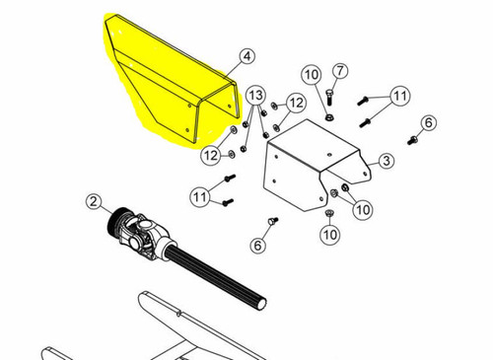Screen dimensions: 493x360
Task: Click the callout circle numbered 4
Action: pos(247,56)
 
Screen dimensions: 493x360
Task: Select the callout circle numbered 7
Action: pos(340,71)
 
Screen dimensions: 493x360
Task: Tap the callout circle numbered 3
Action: pos(387,161)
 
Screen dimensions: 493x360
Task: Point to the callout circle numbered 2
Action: pos(94,201)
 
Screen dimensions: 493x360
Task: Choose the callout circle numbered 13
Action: pos(256,96)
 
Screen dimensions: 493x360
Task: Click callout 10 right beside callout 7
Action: pos(312,75)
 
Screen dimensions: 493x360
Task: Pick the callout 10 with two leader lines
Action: pos(363,209)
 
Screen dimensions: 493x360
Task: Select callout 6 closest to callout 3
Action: pos(429,123)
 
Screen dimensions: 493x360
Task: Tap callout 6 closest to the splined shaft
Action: pos(257,246)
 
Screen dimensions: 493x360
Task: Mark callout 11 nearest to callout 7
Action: pos(400,96)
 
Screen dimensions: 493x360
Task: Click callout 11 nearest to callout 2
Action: pos(200,197)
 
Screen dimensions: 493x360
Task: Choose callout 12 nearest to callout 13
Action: pos(296,104)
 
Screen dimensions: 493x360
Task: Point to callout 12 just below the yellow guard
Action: pos(211,155)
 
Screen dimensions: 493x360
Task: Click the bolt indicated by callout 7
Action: pos(329,97)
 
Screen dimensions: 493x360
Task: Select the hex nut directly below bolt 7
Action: pos(327,116)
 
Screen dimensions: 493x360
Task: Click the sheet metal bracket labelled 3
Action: pos(313,165)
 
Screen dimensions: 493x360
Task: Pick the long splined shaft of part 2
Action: pos(217,276)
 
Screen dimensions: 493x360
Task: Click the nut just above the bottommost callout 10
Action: pos(328,213)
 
